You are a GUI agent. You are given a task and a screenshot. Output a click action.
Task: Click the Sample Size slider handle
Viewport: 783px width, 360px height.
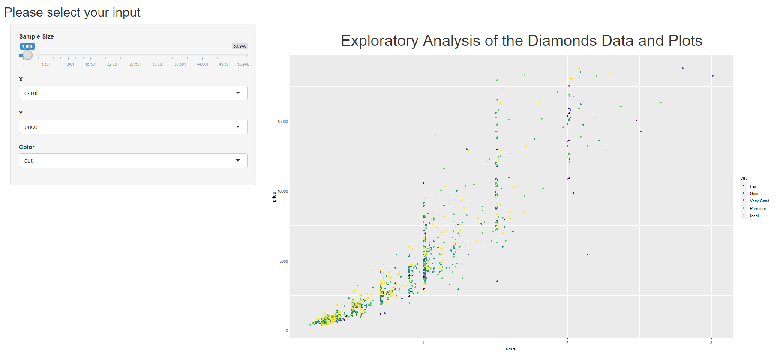click(27, 55)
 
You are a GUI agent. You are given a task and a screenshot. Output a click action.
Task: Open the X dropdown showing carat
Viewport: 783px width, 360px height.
click(133, 93)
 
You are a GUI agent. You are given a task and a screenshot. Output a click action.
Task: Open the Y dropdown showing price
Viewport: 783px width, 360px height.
click(133, 127)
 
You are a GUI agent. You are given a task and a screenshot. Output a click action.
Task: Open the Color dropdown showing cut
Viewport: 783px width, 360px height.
click(133, 161)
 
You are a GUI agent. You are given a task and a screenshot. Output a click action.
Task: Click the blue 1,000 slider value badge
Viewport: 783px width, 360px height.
click(27, 46)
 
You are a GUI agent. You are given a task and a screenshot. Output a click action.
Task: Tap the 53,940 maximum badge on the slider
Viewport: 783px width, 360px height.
click(240, 46)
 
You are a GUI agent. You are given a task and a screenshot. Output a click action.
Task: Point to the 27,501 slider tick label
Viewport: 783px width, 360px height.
click(135, 64)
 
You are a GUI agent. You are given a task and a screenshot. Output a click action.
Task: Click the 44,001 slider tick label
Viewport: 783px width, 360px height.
click(202, 64)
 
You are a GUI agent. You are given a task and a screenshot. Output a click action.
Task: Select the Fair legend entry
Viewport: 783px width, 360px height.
click(753, 186)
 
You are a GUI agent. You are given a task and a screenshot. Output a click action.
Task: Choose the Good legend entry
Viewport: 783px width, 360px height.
click(754, 194)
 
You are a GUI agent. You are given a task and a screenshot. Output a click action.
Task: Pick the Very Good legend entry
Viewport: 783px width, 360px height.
click(759, 201)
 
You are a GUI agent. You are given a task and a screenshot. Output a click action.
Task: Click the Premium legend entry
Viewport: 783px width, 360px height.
click(757, 209)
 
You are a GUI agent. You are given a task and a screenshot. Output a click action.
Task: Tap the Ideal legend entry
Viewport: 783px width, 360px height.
click(754, 216)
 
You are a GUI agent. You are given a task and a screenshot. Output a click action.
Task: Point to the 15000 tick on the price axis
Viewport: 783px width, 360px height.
click(283, 122)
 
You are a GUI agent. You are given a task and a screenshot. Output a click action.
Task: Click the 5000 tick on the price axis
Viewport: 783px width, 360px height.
click(284, 261)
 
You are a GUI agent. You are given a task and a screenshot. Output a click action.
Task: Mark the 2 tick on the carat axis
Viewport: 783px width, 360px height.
click(567, 342)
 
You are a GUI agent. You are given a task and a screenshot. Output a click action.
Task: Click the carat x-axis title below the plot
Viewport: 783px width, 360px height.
click(511, 349)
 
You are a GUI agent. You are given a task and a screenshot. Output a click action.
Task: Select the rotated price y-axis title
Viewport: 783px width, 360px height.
click(274, 197)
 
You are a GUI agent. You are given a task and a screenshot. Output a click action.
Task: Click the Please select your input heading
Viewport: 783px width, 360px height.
click(72, 12)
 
